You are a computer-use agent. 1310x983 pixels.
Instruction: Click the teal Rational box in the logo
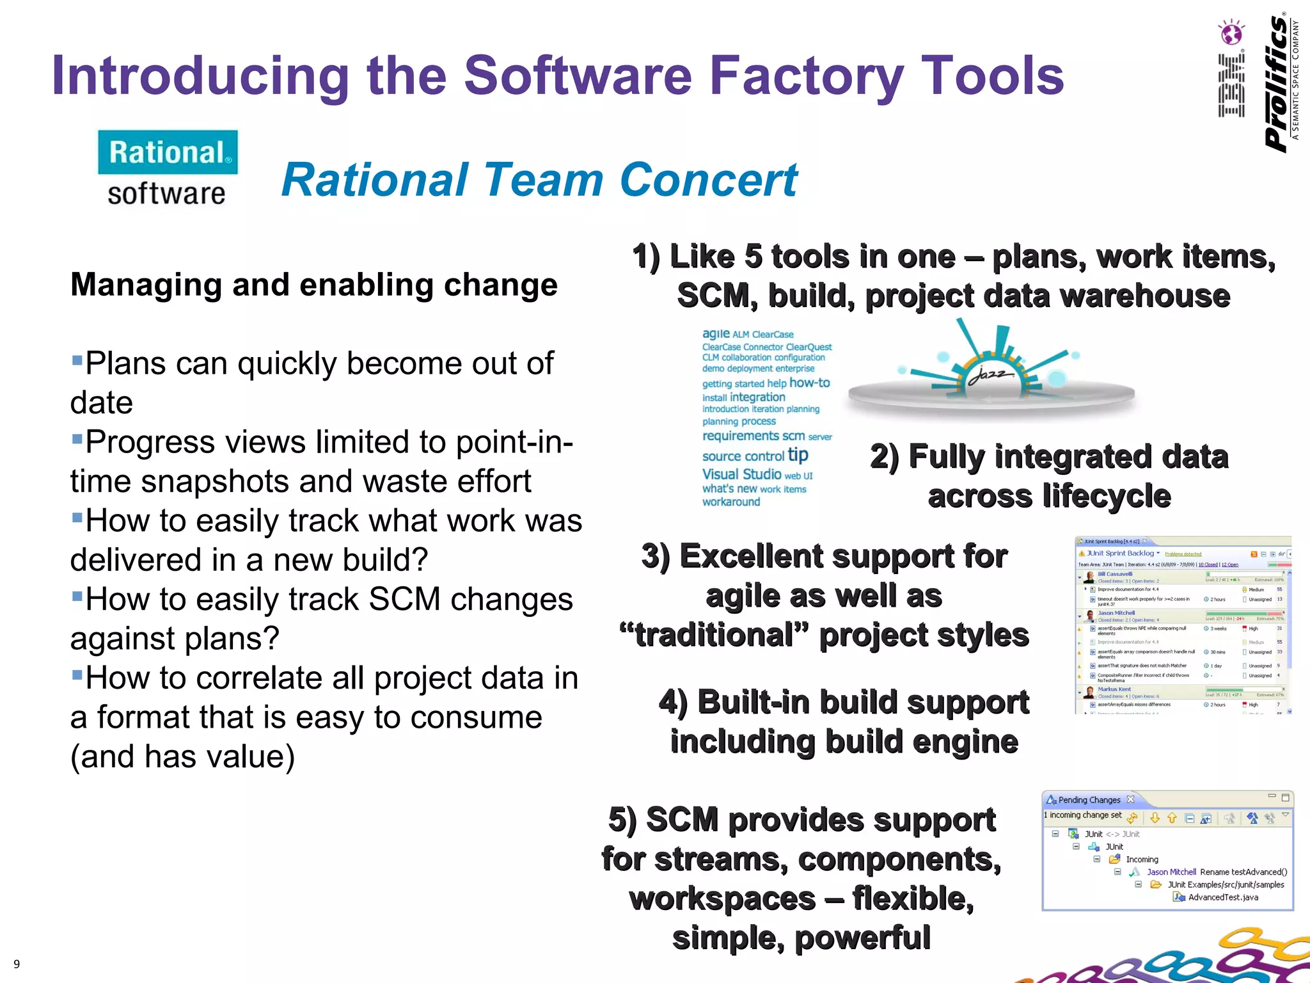coord(168,152)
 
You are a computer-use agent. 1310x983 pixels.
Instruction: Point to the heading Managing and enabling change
coord(313,285)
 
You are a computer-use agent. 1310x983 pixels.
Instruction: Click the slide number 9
coord(17,964)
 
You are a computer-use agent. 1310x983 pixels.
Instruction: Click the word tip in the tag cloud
coord(798,454)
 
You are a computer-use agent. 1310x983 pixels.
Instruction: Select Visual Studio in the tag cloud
coord(741,474)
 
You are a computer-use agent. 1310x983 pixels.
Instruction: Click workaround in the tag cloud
coord(731,502)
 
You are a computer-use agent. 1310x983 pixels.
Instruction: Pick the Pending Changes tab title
coord(1089,800)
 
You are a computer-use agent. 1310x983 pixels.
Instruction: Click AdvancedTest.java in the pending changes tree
coord(1222,897)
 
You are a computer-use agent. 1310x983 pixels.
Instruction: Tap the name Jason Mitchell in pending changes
coord(1171,872)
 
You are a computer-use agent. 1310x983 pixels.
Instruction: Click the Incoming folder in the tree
coord(1142,859)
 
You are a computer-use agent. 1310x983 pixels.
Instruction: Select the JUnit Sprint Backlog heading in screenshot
coord(1119,553)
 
